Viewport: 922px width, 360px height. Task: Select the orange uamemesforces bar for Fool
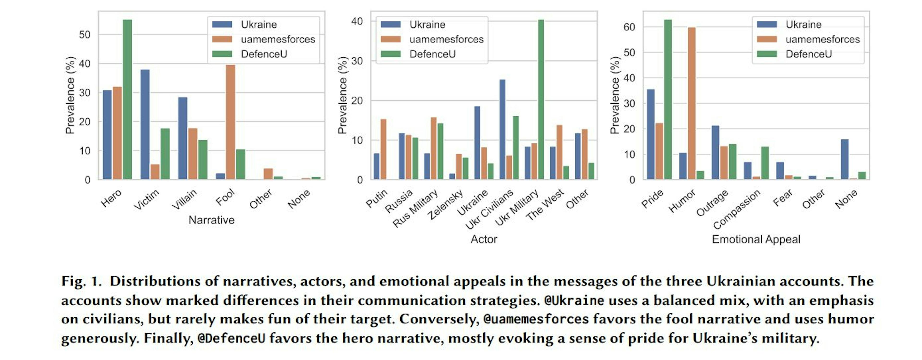(230, 122)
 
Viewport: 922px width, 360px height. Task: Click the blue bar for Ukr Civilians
(503, 129)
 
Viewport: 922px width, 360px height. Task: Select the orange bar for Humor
(691, 103)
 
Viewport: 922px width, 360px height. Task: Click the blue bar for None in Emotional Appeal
(845, 159)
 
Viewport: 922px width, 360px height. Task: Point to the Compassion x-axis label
(737, 209)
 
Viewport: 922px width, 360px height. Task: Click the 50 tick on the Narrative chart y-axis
(85, 35)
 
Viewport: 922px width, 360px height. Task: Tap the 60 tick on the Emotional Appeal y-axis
(629, 27)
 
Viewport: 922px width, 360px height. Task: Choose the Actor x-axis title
(484, 239)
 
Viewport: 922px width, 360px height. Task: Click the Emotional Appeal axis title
(756, 239)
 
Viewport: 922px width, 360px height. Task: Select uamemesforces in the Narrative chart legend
(278, 39)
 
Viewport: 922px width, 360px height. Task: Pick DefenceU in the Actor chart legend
(432, 54)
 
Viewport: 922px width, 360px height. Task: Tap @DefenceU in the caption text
(231, 338)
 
